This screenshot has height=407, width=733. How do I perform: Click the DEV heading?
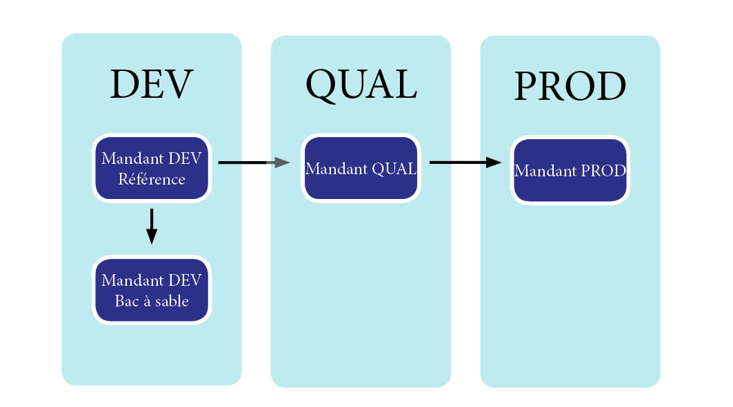(151, 85)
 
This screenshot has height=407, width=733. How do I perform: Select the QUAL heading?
(361, 85)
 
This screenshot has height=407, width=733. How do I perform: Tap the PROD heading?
(570, 87)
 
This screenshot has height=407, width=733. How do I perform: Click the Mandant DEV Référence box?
(152, 168)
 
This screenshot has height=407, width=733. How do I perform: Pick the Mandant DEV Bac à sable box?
(152, 290)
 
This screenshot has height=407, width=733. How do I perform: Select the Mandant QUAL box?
(361, 168)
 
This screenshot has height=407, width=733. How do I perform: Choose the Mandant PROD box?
(570, 171)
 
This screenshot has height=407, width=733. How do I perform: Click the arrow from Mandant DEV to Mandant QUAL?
(252, 163)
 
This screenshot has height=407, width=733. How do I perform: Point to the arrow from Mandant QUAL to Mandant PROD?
(464, 163)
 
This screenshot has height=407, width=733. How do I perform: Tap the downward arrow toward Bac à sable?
(152, 226)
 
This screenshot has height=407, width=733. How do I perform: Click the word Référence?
(152, 179)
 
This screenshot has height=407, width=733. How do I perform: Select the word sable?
(171, 301)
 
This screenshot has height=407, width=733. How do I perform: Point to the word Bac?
(127, 301)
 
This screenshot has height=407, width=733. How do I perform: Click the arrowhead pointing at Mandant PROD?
(493, 163)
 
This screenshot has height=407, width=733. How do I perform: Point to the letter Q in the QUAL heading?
(321, 86)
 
